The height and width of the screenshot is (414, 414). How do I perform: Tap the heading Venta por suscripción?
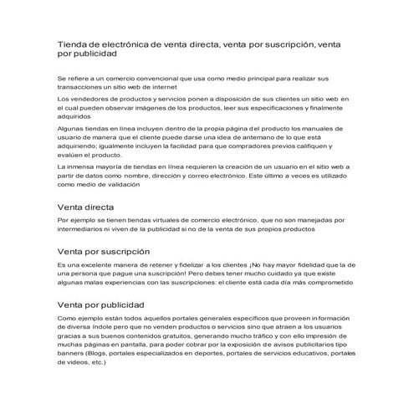103,251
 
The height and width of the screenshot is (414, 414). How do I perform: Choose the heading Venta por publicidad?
100,305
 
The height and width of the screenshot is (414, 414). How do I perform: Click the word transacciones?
83,86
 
